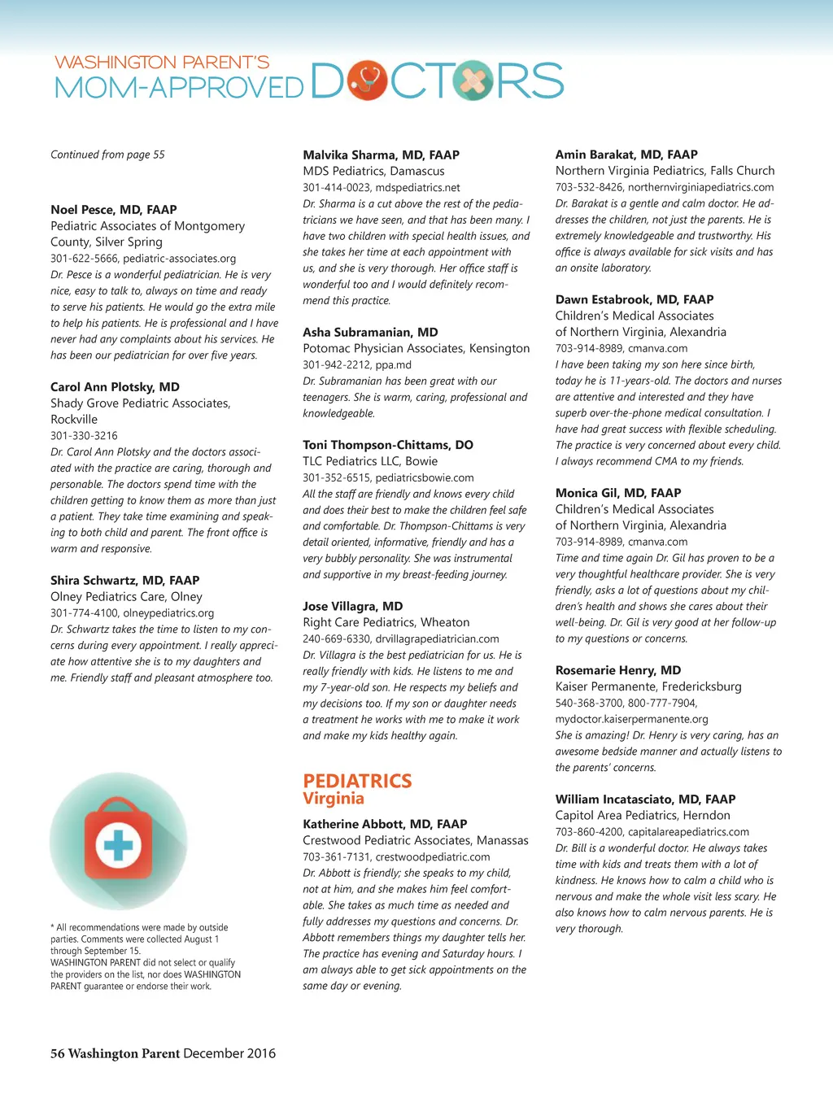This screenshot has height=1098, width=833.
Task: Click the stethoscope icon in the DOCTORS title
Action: [x=368, y=81]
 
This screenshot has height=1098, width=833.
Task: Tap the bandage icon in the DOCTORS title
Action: [x=473, y=81]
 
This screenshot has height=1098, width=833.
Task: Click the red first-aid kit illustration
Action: [x=118, y=841]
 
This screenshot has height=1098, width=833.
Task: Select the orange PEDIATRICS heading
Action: [x=357, y=781]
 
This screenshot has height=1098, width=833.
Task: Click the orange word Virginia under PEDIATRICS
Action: [x=334, y=799]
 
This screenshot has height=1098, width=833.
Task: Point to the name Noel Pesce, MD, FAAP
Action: [x=114, y=210]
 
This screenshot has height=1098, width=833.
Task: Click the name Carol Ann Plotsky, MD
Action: [x=115, y=387]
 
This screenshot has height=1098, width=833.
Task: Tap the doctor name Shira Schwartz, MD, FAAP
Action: [x=124, y=581]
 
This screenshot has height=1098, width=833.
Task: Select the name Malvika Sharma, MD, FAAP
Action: [x=381, y=155]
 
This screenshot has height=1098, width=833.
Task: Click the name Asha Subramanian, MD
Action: [x=370, y=332]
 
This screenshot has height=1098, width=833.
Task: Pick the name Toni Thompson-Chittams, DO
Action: [x=388, y=445]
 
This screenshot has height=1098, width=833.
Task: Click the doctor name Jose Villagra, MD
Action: [x=352, y=606]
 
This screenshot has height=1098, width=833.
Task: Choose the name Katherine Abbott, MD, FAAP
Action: [x=385, y=824]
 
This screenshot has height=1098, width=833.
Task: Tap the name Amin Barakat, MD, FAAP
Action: [x=626, y=155]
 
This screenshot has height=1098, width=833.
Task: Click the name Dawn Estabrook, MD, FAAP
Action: [x=635, y=299]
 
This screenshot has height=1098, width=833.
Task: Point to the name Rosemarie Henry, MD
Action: [x=618, y=670]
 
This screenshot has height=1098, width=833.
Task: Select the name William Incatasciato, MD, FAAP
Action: [x=645, y=800]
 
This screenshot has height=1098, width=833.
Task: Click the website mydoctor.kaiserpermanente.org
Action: [x=631, y=719]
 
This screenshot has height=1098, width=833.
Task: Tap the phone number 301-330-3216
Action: [x=84, y=436]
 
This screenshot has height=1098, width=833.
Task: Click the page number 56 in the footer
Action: [x=58, y=1053]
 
